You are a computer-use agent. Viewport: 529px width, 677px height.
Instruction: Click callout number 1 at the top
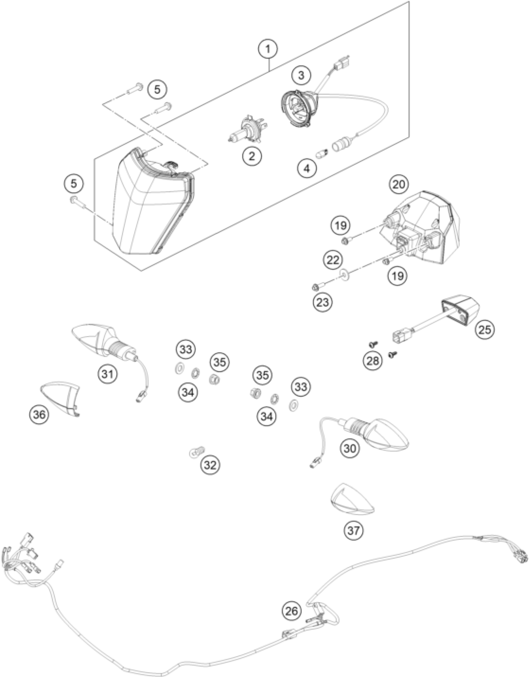(x=268, y=49)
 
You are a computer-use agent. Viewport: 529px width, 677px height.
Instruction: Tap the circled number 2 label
(x=251, y=156)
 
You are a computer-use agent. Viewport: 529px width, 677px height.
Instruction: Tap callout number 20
(x=400, y=185)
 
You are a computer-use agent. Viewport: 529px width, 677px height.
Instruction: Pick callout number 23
(x=322, y=302)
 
